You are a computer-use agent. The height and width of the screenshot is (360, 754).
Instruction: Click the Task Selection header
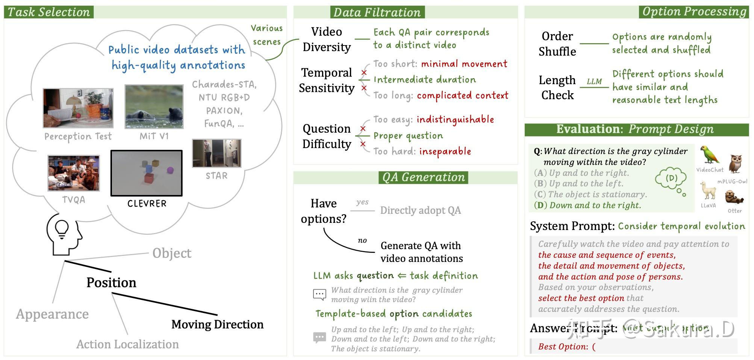point(49,12)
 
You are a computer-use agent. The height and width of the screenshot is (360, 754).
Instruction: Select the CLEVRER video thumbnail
point(147,173)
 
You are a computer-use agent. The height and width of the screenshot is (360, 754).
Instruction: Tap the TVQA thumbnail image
point(74,173)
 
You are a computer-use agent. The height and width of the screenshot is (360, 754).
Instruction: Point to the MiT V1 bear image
point(154,107)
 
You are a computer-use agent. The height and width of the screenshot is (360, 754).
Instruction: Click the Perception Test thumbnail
point(78,108)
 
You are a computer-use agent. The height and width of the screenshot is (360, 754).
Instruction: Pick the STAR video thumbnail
point(217,153)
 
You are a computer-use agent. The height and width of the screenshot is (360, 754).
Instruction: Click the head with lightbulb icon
point(64,235)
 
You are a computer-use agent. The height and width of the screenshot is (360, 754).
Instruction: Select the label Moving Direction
point(217,324)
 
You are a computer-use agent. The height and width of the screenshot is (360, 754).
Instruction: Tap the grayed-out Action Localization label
point(127,344)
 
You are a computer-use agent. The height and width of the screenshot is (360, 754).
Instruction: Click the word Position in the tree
point(111,283)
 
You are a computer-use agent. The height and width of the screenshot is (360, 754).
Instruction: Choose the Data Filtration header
point(377,12)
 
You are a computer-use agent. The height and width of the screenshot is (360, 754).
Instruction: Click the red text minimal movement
point(464,64)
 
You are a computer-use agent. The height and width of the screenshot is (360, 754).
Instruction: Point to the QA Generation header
point(424,177)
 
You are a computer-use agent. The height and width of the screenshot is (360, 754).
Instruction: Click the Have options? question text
point(324,211)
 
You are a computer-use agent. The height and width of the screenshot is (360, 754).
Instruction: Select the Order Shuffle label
point(557,44)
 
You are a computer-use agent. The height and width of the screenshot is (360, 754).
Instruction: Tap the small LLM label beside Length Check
point(594,82)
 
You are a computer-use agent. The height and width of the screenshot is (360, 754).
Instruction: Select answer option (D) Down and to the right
point(587,205)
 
